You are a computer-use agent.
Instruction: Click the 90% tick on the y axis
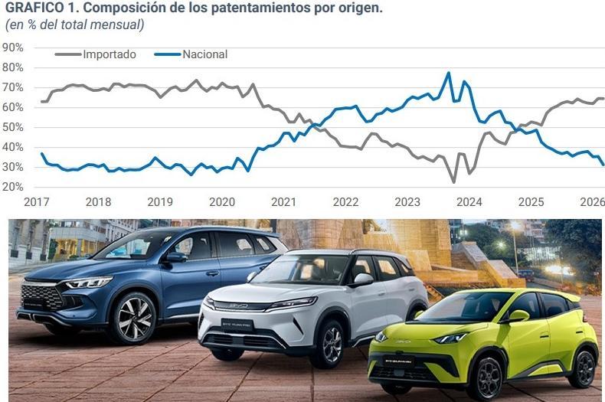(13, 47)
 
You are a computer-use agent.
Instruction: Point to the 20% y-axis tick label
(13, 187)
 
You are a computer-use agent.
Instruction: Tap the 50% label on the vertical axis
(13, 127)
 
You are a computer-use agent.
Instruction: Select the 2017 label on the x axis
(37, 202)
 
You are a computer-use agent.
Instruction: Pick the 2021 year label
(284, 202)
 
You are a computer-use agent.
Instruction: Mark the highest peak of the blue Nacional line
(449, 73)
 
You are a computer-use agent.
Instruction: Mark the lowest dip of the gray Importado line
(454, 181)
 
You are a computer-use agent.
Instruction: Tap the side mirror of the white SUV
(363, 280)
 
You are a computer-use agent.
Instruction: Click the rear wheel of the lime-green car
(582, 368)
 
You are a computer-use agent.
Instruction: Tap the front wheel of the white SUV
(329, 344)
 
